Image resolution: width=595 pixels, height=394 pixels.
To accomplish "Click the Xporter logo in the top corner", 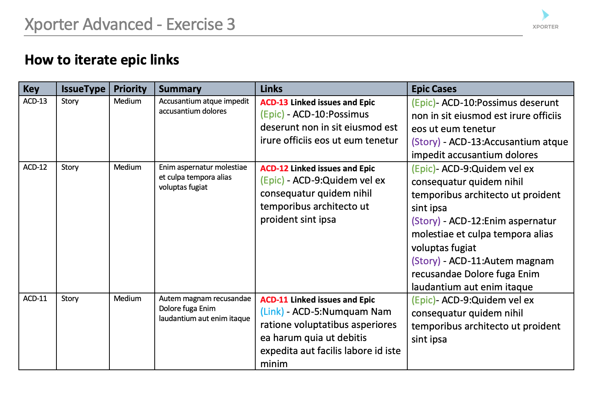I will click(545, 20).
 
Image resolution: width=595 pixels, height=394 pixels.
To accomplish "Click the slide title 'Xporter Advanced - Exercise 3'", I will click(130, 24).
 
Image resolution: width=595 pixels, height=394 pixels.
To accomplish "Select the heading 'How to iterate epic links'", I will click(102, 60).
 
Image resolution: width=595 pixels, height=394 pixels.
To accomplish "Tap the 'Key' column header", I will click(31, 89).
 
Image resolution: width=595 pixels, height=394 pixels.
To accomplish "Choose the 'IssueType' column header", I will click(83, 89).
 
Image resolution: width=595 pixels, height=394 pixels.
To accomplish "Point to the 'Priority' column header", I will click(130, 89).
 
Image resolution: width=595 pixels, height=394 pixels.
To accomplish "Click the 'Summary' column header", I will click(180, 89).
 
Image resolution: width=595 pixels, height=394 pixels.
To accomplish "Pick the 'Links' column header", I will click(271, 89).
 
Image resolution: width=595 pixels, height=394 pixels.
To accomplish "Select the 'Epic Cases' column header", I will click(434, 89).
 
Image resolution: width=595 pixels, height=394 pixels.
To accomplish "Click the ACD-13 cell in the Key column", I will click(35, 101).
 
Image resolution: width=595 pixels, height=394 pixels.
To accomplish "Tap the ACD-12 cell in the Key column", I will click(35, 167).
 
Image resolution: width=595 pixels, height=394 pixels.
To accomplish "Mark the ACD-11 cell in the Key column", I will click(35, 299).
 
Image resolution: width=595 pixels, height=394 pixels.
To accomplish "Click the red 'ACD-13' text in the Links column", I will click(274, 103).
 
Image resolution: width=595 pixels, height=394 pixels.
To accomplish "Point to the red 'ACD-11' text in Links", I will click(274, 300).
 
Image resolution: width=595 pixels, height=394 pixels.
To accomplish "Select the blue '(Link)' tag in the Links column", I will click(272, 312).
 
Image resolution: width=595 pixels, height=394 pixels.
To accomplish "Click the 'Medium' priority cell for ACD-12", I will click(127, 167).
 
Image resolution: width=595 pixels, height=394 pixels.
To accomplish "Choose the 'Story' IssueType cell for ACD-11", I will click(70, 299).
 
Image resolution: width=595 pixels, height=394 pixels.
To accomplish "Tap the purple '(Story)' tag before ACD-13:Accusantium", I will click(426, 142).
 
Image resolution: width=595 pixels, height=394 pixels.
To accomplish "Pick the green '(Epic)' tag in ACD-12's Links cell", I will click(272, 180).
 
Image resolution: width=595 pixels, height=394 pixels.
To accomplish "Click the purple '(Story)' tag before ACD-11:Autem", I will click(426, 261).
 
